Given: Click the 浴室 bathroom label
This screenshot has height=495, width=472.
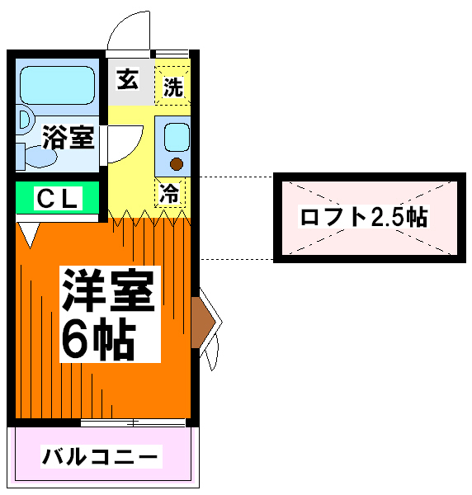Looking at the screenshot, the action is coord(68,137).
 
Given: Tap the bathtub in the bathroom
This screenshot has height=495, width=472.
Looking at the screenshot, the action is coord(57,85).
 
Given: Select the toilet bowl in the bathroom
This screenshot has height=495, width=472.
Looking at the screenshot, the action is coord(41,156).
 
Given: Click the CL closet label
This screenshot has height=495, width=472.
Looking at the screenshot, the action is coord(57,198).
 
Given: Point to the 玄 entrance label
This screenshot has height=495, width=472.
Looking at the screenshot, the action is coord(128,78).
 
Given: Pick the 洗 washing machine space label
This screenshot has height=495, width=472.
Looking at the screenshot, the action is coord(173,87).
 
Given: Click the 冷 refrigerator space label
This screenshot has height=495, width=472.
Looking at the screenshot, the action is coord(169,192).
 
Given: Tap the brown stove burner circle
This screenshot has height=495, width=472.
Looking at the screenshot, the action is coord(176,164).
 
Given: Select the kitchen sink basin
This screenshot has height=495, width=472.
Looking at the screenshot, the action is coord(177,137).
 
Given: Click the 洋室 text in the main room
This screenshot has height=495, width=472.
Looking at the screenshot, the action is coord(108,290).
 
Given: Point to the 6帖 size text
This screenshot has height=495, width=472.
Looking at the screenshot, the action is coord(99,339).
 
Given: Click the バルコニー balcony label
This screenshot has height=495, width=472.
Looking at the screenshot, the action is coord(100,456).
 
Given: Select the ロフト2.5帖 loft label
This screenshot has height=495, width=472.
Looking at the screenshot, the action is coord(364,217).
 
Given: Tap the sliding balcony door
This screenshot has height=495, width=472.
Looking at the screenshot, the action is coord(133,422).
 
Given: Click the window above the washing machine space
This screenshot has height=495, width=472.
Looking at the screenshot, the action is coord(172,54).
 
